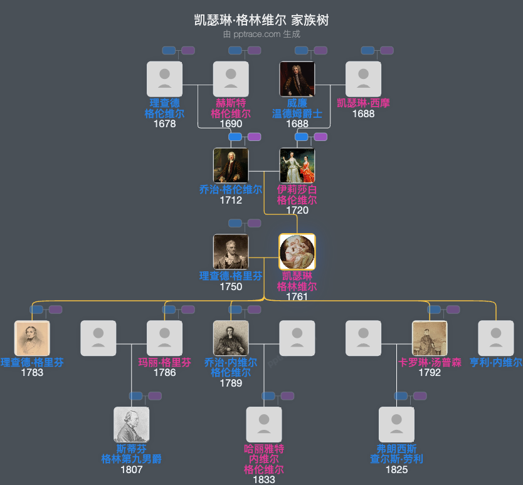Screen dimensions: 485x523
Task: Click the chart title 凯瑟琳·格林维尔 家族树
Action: (261, 20)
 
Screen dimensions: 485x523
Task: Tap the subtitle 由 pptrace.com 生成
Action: (261, 34)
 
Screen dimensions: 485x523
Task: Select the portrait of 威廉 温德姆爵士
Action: (297, 79)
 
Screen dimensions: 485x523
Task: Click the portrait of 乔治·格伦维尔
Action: (231, 165)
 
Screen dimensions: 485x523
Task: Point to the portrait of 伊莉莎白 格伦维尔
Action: (297, 165)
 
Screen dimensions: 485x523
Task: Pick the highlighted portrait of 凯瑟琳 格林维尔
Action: (297, 252)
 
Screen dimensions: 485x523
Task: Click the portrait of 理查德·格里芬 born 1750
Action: (231, 252)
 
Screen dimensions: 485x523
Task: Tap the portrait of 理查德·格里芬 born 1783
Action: (32, 338)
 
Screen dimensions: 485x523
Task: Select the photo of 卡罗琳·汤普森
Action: (430, 338)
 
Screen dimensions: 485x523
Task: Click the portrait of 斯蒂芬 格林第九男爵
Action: (132, 425)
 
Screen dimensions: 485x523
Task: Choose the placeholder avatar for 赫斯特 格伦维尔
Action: (231, 79)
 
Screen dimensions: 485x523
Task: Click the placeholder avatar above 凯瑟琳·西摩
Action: (363, 79)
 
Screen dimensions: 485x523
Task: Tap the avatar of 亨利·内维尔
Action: (496, 338)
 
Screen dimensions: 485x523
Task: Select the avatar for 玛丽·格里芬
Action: (164, 338)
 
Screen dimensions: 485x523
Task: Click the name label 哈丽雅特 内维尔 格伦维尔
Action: (264, 459)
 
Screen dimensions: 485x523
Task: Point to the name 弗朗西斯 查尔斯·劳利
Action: (396, 454)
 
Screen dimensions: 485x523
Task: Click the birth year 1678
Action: (164, 123)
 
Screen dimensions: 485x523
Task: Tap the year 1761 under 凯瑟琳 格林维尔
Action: (297, 296)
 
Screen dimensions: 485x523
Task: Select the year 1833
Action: (264, 479)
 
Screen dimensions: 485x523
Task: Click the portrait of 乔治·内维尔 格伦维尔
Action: (231, 338)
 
